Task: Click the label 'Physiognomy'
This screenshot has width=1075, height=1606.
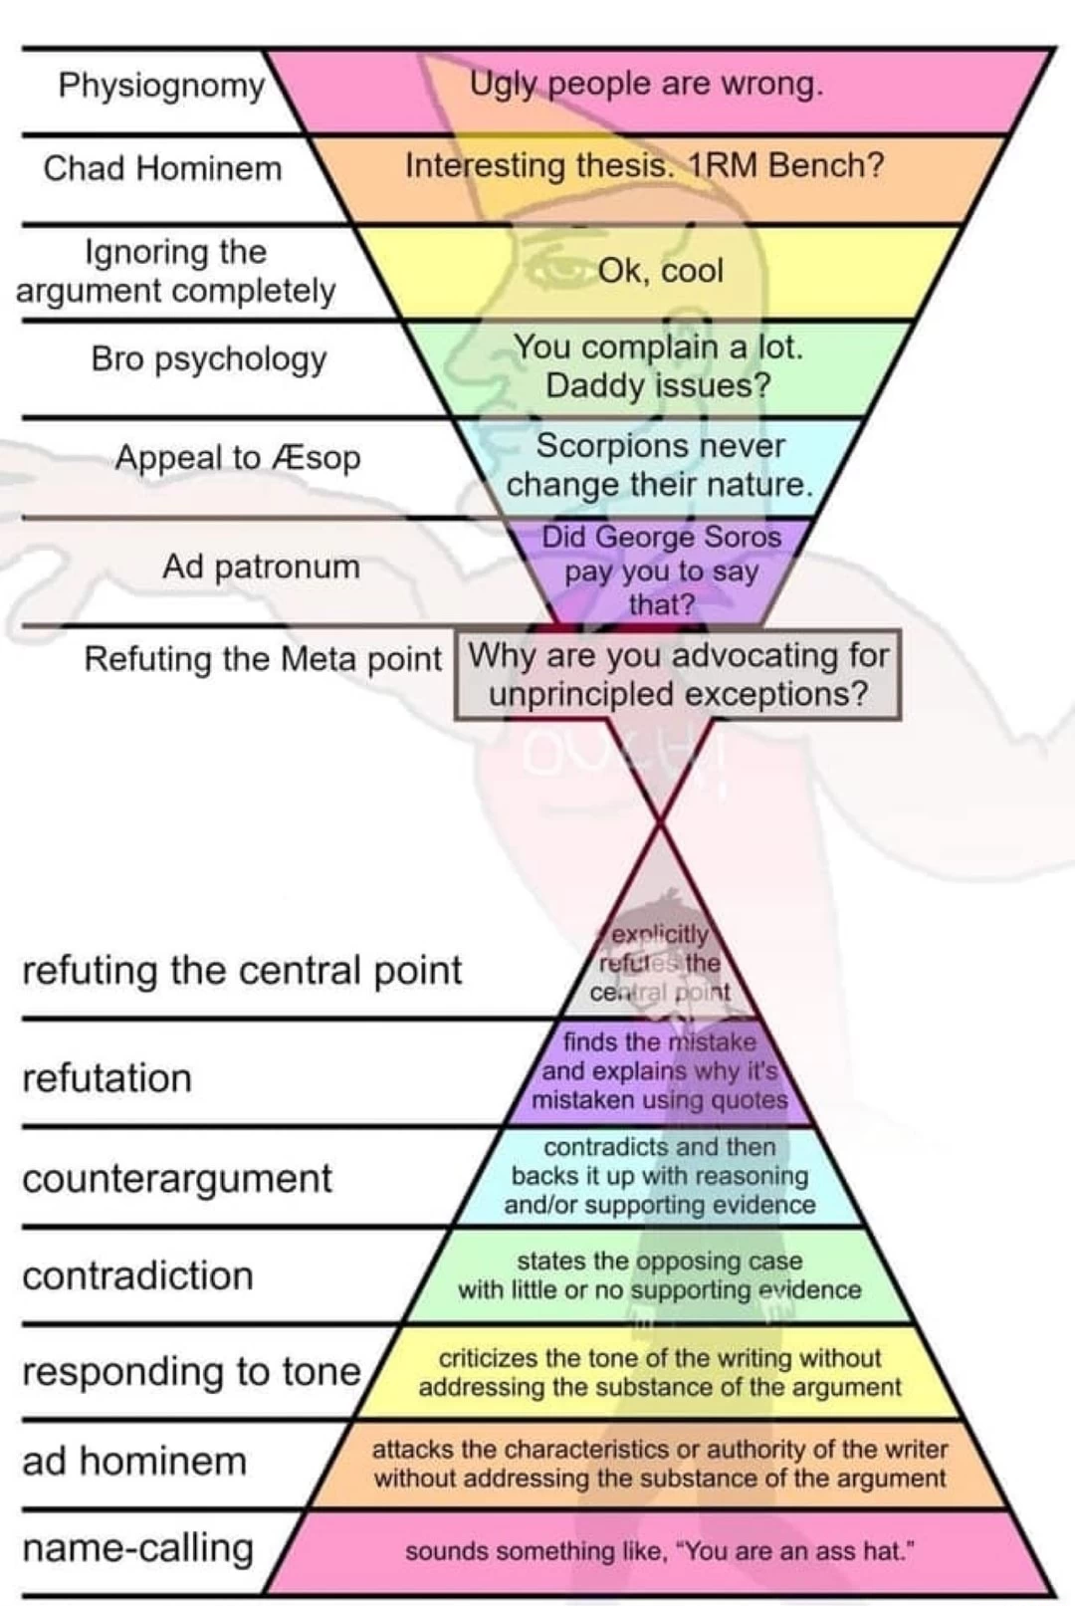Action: [x=161, y=86]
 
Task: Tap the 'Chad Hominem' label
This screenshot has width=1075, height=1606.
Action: [x=162, y=168]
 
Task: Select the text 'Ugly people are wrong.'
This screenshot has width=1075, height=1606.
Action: [x=646, y=84]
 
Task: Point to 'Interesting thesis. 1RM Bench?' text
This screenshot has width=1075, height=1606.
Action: [x=644, y=165]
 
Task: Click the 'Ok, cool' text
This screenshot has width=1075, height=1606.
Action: [x=660, y=271]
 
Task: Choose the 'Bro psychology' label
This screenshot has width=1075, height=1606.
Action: [x=208, y=358]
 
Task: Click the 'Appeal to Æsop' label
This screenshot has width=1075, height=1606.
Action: [x=237, y=458]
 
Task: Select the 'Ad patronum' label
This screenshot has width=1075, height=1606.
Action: [x=261, y=567]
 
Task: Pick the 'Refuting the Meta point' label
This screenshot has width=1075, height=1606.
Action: [x=262, y=659]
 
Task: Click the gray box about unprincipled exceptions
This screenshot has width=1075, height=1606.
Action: [x=678, y=675]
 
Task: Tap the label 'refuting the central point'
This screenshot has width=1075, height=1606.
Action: [x=242, y=971]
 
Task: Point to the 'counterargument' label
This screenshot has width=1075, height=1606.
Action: [x=177, y=1179]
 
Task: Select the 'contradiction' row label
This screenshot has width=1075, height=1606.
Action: [x=137, y=1276]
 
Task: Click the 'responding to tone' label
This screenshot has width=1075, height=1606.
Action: [x=191, y=1372]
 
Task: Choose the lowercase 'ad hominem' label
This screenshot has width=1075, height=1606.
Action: [x=134, y=1462]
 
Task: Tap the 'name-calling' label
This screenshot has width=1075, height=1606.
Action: [x=137, y=1549]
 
